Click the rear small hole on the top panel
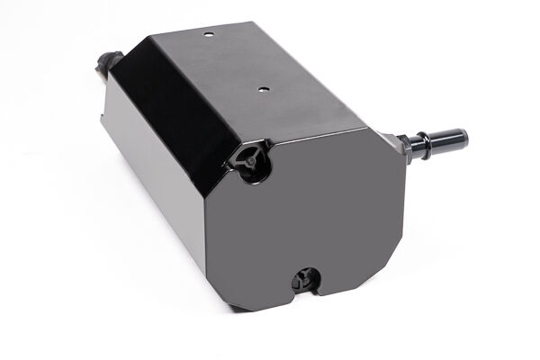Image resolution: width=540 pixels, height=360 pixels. click(208, 33)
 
